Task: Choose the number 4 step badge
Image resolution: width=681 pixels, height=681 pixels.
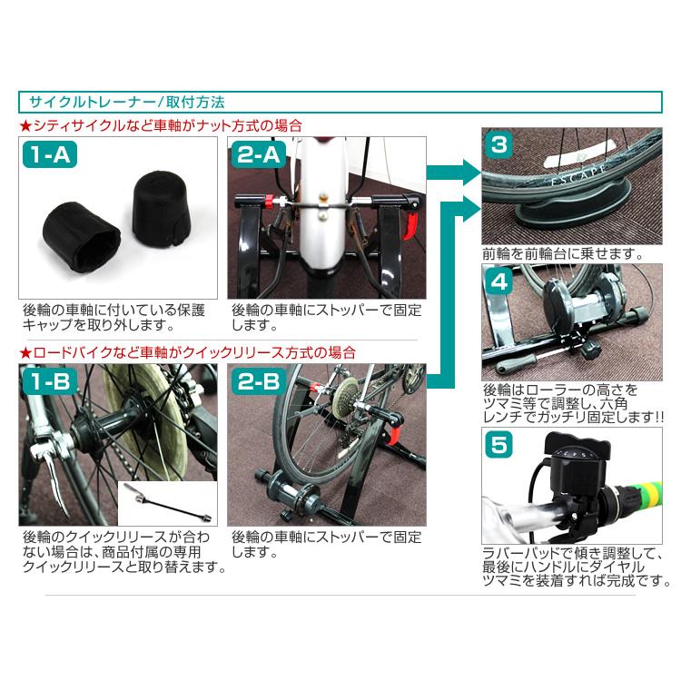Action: click(x=500, y=281)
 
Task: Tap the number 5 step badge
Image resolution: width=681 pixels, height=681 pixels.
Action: click(x=500, y=444)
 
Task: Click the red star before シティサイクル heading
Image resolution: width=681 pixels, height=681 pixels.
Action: click(x=25, y=125)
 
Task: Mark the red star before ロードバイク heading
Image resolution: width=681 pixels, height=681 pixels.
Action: click(x=25, y=350)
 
